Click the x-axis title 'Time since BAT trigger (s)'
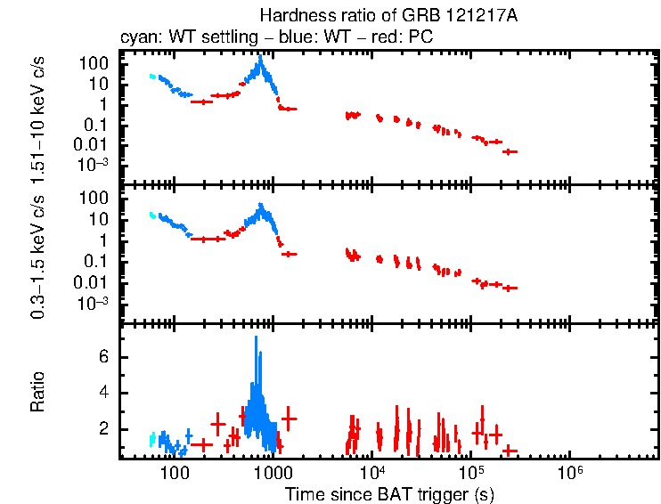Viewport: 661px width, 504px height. point(389,493)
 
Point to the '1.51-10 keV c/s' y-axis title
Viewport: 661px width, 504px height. point(39,118)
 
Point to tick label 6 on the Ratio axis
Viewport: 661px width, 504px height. point(103,356)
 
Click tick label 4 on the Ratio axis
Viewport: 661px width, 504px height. point(103,393)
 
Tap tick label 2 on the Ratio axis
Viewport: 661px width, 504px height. point(103,429)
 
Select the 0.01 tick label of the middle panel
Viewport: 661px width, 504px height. point(92,283)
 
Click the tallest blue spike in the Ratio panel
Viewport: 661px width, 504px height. point(257,339)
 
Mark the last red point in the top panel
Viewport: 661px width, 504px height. point(510,152)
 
